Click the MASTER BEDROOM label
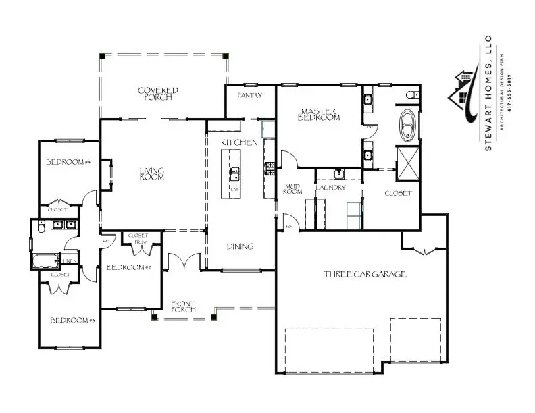(x=320, y=114)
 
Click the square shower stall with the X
(x=409, y=165)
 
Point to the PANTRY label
(x=249, y=96)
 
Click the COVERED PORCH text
(x=157, y=94)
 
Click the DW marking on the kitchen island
(x=234, y=189)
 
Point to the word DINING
(x=240, y=246)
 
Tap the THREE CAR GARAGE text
(x=365, y=274)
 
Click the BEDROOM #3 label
(x=72, y=320)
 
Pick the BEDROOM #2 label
(x=129, y=267)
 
